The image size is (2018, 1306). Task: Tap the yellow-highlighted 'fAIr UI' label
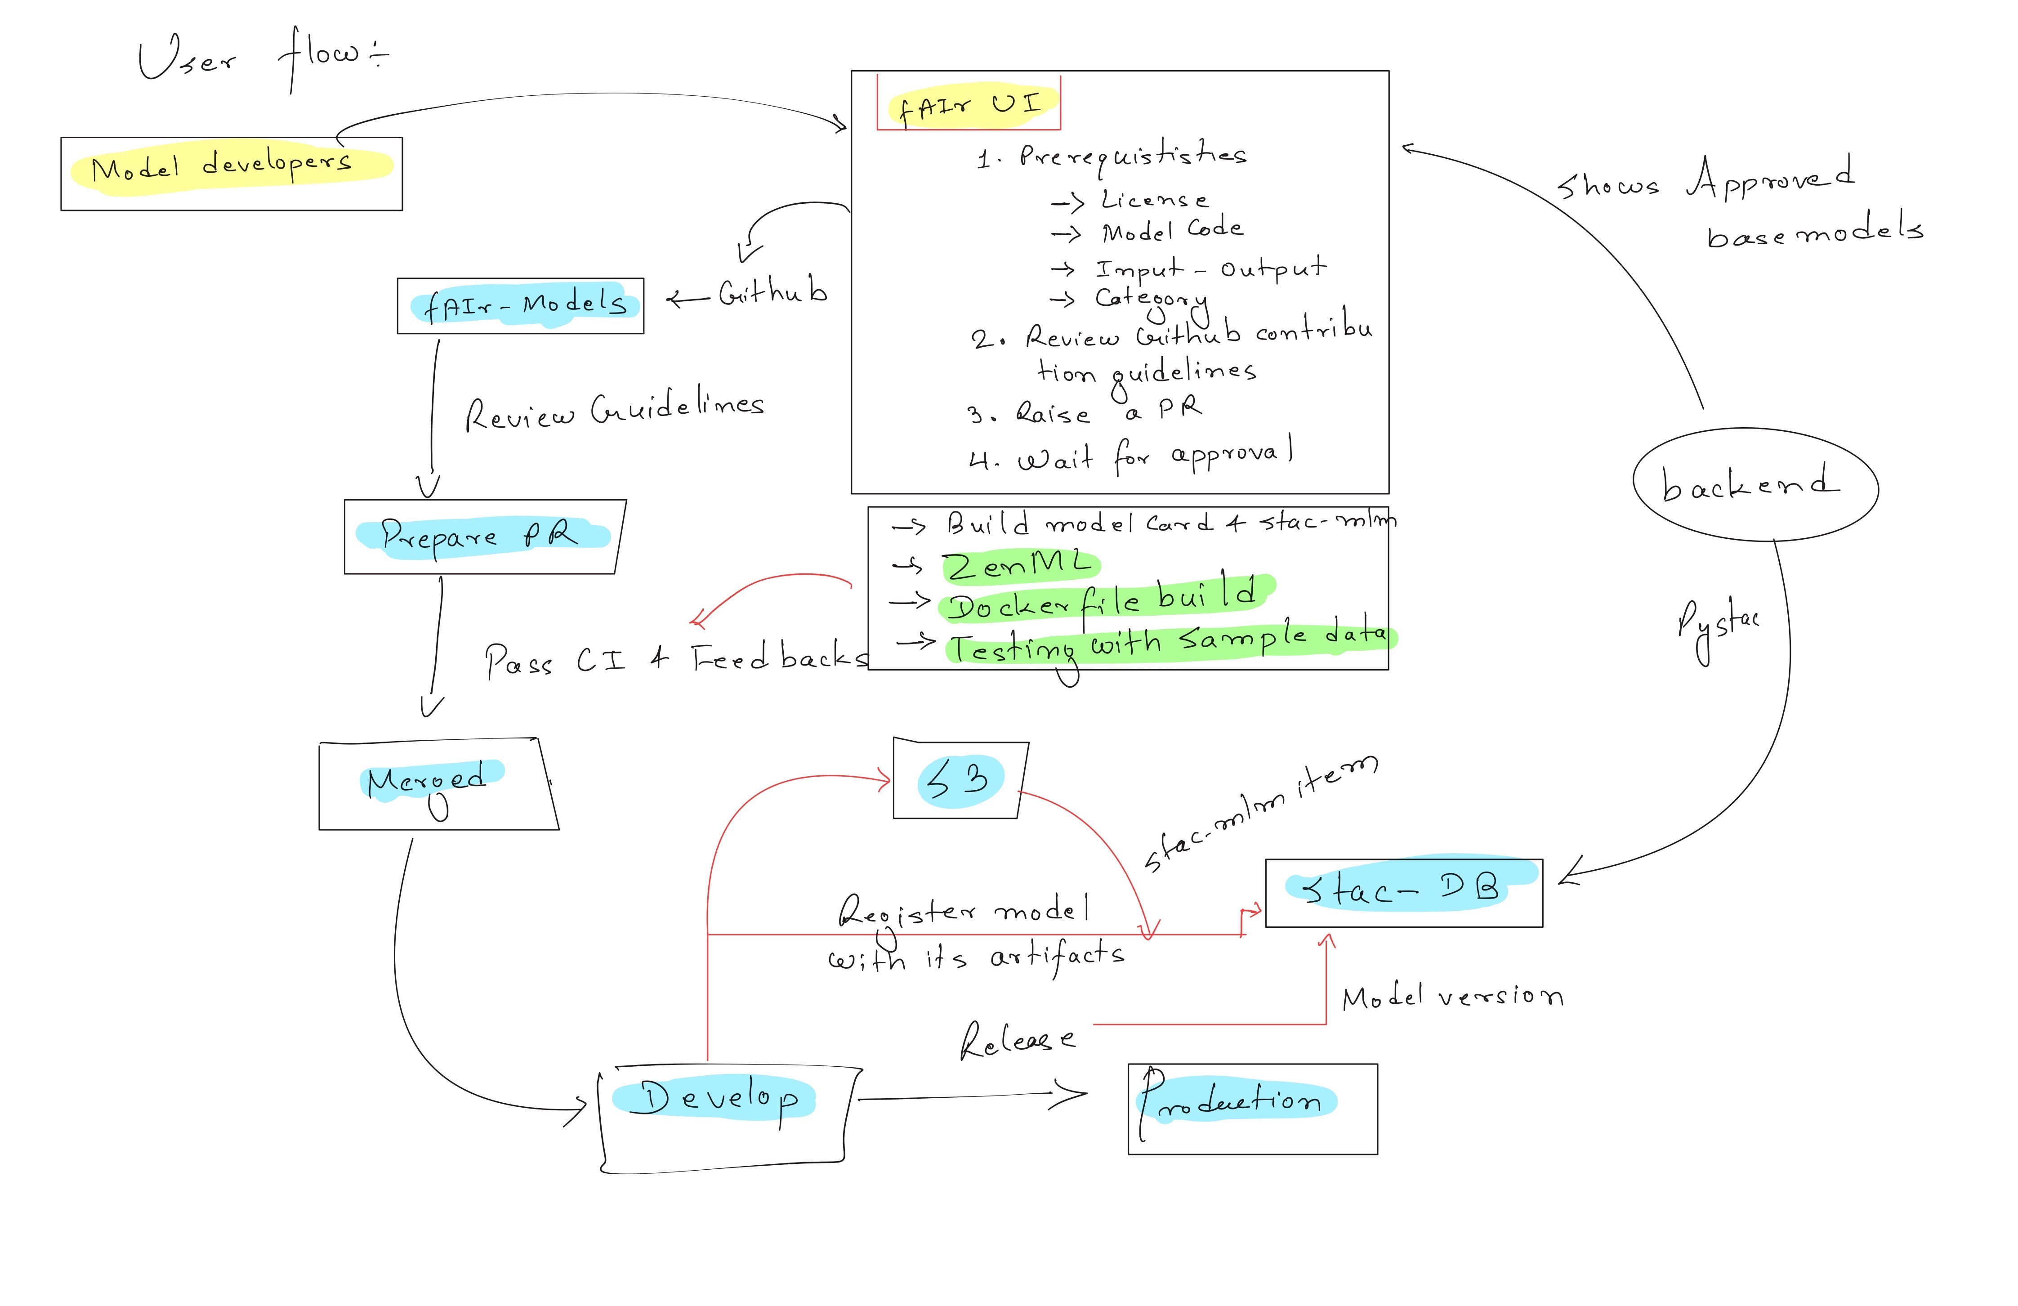pyautogui.click(x=969, y=105)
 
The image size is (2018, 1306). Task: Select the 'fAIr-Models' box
pyautogui.click(x=521, y=305)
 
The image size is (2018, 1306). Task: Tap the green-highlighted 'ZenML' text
pyautogui.click(x=1020, y=566)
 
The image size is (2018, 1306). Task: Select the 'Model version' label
pyautogui.click(x=1451, y=997)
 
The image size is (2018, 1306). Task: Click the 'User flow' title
pyautogui.click(x=263, y=58)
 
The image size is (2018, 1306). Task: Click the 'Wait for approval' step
pyautogui.click(x=1132, y=457)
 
